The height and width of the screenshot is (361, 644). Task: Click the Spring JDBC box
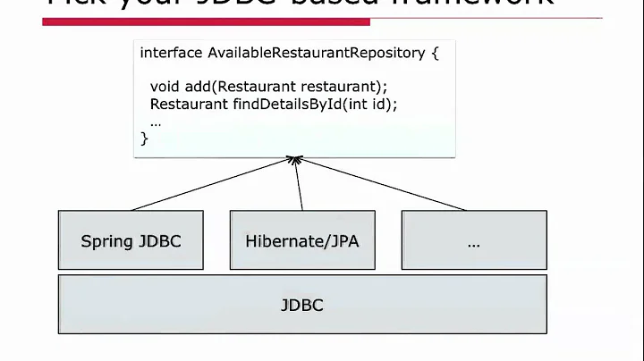[x=131, y=240]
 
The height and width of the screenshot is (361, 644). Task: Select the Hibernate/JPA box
[x=301, y=240]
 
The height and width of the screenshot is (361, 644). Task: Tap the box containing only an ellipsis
[x=473, y=240]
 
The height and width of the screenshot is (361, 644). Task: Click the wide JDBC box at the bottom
[x=301, y=305]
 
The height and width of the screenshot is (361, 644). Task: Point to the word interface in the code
[x=171, y=53]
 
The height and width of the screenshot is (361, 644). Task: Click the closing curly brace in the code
[x=145, y=138]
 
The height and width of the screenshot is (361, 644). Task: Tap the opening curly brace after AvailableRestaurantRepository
[x=436, y=53]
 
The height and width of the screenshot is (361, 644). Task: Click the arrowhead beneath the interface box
[x=292, y=161]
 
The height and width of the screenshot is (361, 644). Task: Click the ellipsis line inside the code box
[x=156, y=122]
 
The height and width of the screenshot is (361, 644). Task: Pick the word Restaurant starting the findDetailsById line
[x=183, y=104]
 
